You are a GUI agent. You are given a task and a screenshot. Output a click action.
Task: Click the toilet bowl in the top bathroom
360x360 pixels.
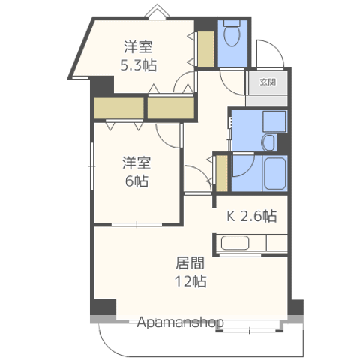point(232,35)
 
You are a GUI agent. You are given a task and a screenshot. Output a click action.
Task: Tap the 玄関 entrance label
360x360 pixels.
point(268,82)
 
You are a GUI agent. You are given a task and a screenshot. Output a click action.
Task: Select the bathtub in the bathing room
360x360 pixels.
point(275,173)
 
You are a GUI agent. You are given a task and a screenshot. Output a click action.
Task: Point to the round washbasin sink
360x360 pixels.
point(268,143)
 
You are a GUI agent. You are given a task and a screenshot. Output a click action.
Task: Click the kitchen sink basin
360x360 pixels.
point(235,243)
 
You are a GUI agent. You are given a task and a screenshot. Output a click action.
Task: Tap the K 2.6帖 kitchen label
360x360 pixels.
point(251,216)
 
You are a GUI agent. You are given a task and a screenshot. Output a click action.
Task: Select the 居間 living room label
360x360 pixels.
point(190,263)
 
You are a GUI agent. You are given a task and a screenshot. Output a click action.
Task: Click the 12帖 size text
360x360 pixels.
point(190,281)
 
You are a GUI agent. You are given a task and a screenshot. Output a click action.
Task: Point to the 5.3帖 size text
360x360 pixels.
point(139,65)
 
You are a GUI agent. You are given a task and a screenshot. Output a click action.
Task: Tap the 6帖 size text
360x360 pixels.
point(136,181)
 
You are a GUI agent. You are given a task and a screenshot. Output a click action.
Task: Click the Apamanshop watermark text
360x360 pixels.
point(180,322)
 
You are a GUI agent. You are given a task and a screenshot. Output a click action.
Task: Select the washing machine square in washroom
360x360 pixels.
point(274,121)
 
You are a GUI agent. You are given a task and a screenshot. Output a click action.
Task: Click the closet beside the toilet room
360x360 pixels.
point(206,49)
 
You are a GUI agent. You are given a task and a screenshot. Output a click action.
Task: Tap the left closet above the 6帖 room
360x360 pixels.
point(118,108)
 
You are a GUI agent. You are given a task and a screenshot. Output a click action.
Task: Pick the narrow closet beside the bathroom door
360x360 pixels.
point(221,173)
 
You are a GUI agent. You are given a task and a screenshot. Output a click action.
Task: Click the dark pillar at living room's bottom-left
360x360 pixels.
point(103,307)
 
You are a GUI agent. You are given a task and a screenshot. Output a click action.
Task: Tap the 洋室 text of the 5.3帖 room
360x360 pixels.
point(138,46)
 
